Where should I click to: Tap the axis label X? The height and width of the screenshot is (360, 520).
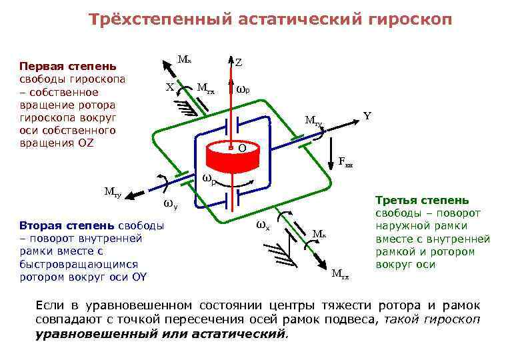170,87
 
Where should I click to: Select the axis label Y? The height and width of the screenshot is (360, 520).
367,116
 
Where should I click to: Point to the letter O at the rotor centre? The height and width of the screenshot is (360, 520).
243,147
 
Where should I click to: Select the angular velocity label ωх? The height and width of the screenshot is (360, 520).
263,225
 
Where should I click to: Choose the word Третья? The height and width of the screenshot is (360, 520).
397,201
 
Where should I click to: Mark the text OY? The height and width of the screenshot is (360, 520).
139,277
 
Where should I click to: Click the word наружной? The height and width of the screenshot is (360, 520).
403,226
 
